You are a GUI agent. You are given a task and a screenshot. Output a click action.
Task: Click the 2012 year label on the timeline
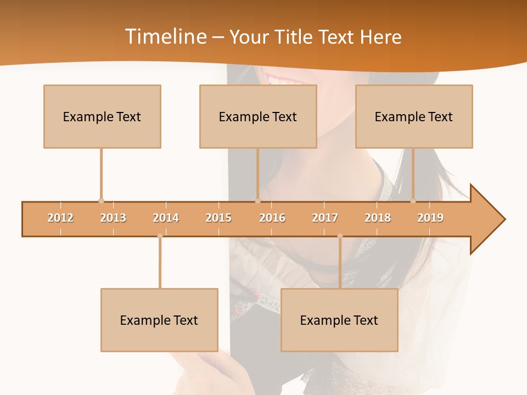click(x=60, y=218)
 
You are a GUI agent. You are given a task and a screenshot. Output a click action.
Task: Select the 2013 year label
click(x=113, y=218)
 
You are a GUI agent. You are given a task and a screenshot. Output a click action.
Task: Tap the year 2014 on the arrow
click(x=166, y=218)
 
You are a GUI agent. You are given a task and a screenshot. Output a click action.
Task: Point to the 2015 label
click(x=218, y=218)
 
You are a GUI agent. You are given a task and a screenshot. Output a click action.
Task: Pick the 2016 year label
click(x=272, y=218)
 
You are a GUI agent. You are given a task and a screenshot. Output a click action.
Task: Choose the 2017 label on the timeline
click(x=325, y=218)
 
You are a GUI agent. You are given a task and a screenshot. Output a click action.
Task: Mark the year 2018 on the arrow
click(x=378, y=218)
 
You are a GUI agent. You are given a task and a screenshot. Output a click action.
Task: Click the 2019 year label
click(x=430, y=218)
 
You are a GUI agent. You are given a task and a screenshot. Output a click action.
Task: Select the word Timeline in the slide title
click(x=165, y=37)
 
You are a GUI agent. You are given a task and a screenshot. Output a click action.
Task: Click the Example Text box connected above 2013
click(x=102, y=116)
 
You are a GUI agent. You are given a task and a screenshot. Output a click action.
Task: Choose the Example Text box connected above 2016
click(x=258, y=116)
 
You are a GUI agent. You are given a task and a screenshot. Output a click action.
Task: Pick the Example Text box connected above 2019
click(x=414, y=116)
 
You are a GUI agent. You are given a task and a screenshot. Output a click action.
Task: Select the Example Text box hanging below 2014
click(x=159, y=320)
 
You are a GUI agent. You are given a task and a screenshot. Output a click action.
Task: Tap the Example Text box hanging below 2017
click(x=339, y=320)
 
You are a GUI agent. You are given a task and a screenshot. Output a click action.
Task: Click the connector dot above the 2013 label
click(x=101, y=201)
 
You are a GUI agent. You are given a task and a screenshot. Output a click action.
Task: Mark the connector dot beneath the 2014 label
click(x=160, y=236)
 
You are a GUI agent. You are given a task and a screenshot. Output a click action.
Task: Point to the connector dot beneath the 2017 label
click(x=340, y=236)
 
